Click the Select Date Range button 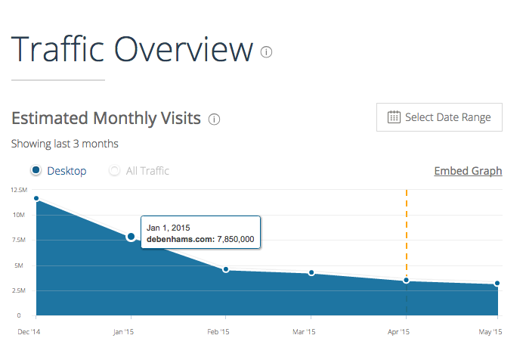[439, 117]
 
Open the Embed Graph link [468, 171]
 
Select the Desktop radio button [36, 171]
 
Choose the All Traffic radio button [115, 171]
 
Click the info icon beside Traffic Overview [266, 52]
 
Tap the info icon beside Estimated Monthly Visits [214, 119]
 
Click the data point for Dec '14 [36, 198]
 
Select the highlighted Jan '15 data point [131, 237]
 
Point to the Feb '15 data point [225, 269]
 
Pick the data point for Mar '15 [311, 272]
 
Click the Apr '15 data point [407, 281]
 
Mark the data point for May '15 [497, 284]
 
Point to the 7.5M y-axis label [19, 240]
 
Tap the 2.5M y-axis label [19, 290]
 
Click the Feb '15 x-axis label [218, 331]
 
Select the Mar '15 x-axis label [305, 331]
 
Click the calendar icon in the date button [394, 117]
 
